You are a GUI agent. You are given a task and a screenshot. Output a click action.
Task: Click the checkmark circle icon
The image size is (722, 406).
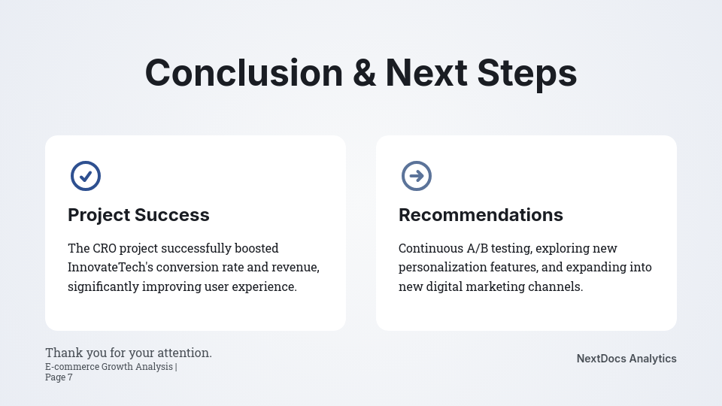(x=86, y=176)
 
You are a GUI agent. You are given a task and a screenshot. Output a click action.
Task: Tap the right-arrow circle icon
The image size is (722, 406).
(x=416, y=176)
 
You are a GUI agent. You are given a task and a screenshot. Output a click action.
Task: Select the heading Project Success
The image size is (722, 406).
(x=138, y=215)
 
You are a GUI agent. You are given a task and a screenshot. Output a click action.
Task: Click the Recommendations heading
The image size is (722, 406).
(x=481, y=215)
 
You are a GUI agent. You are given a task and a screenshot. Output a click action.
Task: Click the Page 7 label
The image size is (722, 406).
(x=59, y=377)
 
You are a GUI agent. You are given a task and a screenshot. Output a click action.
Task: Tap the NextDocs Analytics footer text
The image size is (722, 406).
(x=626, y=359)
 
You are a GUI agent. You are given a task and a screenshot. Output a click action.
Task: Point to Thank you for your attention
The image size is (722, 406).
(x=129, y=353)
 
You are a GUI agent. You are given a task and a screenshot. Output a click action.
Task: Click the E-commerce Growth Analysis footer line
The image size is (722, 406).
(x=111, y=367)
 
